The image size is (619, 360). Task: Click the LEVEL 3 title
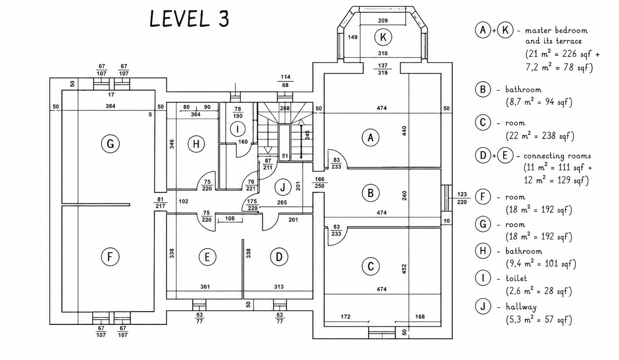point(189,19)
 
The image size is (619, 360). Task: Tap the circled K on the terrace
point(383,37)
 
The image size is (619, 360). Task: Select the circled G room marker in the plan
point(110,144)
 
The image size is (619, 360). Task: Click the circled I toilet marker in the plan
point(238,129)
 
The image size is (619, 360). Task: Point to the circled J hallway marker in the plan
point(283,187)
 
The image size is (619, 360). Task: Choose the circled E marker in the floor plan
point(207,257)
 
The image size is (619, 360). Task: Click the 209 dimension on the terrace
point(383,21)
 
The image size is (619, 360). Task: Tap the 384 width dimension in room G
point(110,106)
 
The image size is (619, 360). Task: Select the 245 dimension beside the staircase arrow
point(307,135)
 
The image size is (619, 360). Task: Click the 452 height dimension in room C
point(404,269)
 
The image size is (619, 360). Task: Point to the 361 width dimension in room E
point(205,287)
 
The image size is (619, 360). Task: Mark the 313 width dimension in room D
point(279,287)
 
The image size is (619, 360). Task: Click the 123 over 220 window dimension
point(462,198)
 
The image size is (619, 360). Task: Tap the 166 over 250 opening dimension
point(320,182)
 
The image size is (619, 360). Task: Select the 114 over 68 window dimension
point(286,81)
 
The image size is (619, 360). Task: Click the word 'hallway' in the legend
point(521,307)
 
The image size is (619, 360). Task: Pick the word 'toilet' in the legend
point(516,278)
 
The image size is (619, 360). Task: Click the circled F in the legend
point(483,197)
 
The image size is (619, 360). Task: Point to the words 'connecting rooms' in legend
point(557,156)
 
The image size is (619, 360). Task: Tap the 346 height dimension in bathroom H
point(172,144)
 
